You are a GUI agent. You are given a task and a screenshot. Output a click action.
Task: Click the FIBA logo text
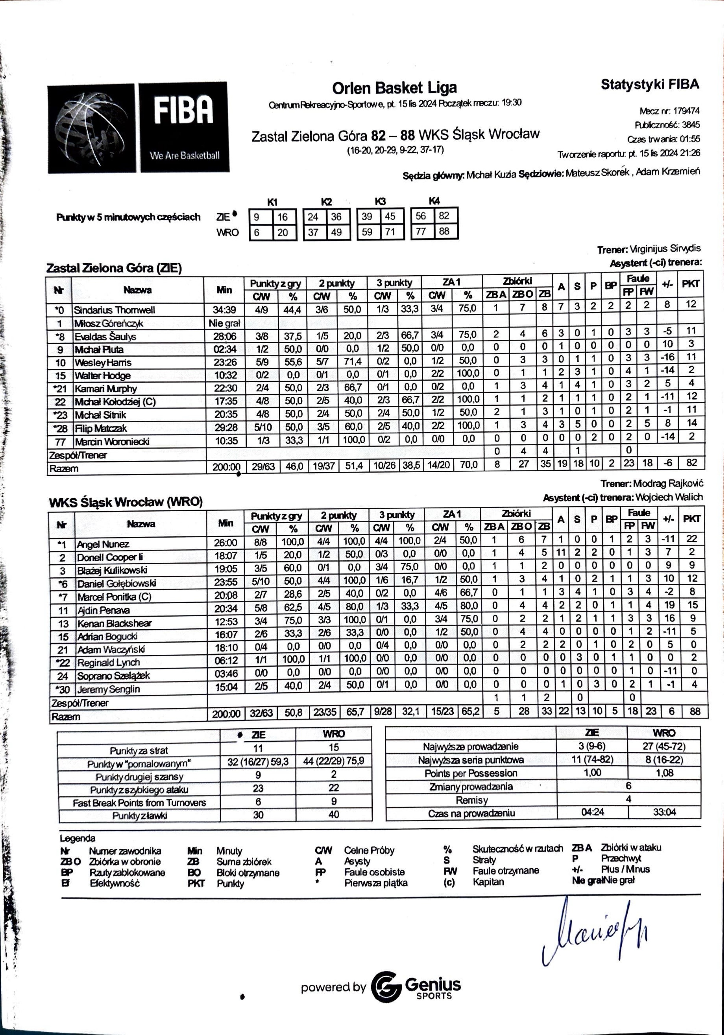pos(183,110)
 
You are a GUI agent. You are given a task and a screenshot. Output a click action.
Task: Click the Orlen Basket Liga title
pos(395,88)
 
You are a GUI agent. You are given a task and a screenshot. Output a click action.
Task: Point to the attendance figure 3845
pos(691,125)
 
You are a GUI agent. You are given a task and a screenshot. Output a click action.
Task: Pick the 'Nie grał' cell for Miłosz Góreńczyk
pos(224,323)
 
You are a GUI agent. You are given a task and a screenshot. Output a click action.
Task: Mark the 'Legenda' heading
pos(77,838)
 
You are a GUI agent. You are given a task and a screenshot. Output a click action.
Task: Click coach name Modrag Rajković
pos(668,484)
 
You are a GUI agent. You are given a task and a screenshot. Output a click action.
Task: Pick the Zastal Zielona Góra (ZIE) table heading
pos(114,268)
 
